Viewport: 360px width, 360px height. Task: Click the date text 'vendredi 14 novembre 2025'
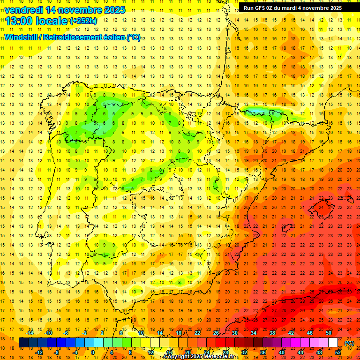point(65,10)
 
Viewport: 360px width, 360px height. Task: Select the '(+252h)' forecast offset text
point(83,21)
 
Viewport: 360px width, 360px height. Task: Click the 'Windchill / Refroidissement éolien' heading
point(73,37)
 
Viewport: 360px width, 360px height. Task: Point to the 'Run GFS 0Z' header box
point(292,8)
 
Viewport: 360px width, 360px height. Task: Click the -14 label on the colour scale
point(30,333)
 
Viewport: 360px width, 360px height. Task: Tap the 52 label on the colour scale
point(338,352)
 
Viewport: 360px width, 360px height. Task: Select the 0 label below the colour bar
point(92,352)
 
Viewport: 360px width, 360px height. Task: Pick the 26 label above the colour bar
point(216,333)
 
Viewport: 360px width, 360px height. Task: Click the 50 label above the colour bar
point(329,333)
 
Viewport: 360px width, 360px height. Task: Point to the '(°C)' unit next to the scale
point(349,343)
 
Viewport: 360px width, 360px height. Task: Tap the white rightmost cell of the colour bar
point(333,343)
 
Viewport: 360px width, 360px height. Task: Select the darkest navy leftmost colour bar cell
point(23,343)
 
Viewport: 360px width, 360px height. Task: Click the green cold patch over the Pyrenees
point(260,112)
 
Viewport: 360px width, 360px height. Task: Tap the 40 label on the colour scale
point(282,352)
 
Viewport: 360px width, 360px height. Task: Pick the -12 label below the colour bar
point(39,352)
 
